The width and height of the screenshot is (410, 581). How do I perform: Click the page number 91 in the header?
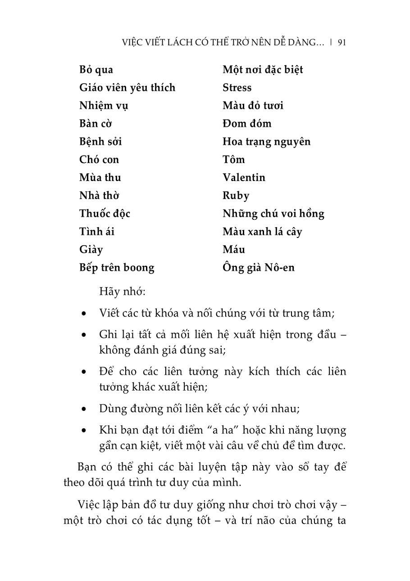[x=341, y=42]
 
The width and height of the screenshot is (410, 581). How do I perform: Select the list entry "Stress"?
[x=237, y=88]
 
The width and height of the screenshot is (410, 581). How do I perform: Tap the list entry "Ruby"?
[x=236, y=196]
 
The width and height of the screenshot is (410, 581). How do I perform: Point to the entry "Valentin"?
[x=244, y=177]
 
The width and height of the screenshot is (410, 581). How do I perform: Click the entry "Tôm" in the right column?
[x=233, y=159]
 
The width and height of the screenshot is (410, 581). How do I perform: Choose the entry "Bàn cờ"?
[x=96, y=124]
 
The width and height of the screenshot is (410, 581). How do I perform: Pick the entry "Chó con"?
[x=99, y=159]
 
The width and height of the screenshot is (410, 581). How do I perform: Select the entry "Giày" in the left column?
[x=91, y=250]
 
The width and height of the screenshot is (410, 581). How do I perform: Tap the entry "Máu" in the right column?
[x=233, y=250]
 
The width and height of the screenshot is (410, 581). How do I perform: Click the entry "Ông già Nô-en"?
[x=258, y=268]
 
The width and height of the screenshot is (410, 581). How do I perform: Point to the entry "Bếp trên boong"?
[x=117, y=268]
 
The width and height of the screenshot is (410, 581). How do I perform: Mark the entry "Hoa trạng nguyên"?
[x=266, y=142]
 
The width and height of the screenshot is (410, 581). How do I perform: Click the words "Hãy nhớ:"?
[x=122, y=292]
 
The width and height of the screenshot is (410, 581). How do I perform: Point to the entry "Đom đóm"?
[x=247, y=124]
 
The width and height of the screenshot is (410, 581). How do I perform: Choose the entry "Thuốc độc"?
[x=105, y=214]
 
